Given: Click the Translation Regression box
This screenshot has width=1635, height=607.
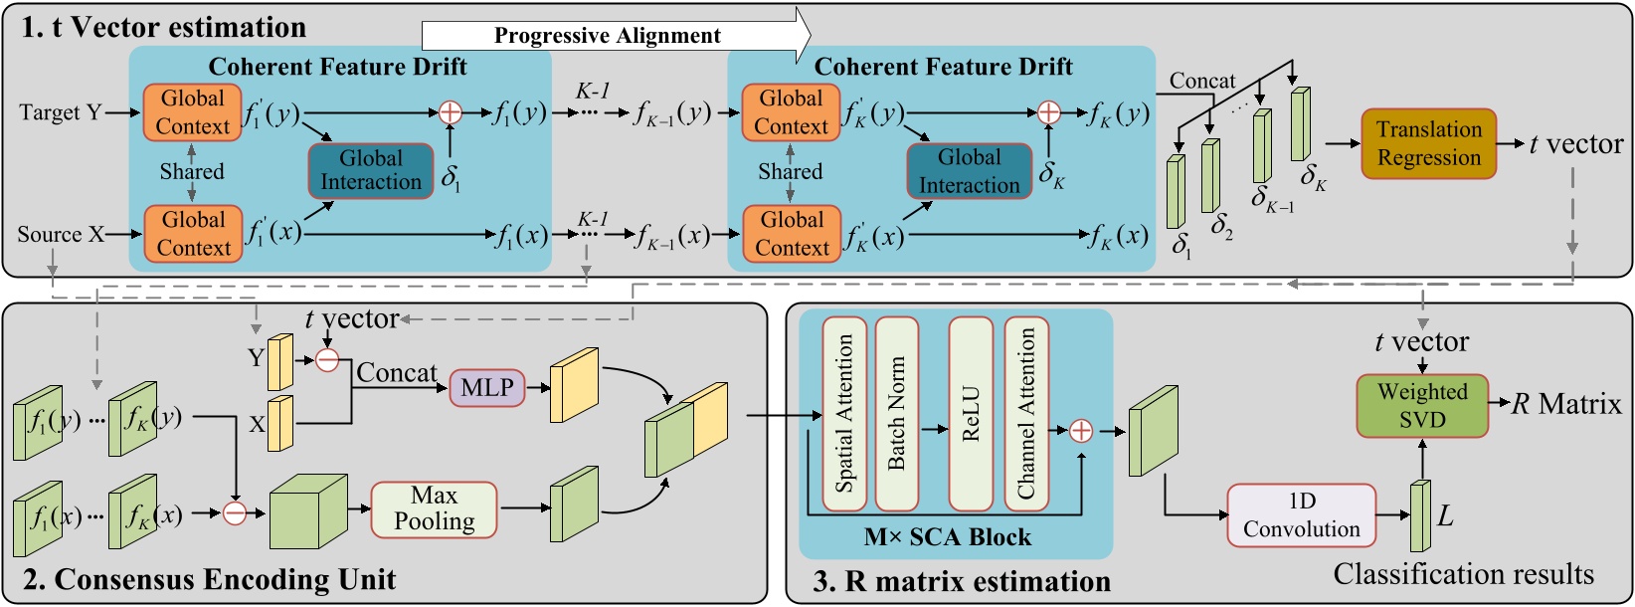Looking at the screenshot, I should pos(1428,144).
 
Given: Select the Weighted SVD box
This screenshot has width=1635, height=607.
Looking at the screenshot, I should pos(1422,406).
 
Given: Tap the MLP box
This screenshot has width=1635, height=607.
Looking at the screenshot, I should pos(487,387).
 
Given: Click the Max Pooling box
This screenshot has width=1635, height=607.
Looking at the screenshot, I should pos(434,508).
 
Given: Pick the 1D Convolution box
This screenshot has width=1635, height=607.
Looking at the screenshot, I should pos(1301,515).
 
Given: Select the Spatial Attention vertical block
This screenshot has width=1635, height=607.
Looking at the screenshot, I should pos(844,414).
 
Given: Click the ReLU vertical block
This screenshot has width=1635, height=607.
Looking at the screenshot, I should pos(971,414).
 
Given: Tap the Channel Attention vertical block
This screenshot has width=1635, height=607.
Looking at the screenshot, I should pos(1026,414).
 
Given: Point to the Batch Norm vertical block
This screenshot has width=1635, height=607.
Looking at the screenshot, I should pos(896,414).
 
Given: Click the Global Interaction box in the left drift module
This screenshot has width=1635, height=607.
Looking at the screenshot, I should pos(371,170).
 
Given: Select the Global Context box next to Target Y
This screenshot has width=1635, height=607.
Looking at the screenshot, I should pos(193,112).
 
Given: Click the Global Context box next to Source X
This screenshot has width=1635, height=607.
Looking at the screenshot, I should pos(193,234).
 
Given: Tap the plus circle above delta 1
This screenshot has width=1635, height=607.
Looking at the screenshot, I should pos(451,112).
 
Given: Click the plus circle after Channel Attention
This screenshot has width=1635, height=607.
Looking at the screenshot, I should pos(1081,431).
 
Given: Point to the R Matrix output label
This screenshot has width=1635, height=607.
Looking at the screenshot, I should pos(1566,404).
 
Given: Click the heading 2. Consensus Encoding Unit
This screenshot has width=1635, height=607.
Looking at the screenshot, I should pos(209,579).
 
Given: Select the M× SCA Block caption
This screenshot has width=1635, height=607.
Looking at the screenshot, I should pos(947,538).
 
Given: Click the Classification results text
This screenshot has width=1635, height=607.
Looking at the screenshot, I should pos(1463,574).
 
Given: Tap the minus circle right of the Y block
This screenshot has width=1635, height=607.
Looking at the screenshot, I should pos(327,360).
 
